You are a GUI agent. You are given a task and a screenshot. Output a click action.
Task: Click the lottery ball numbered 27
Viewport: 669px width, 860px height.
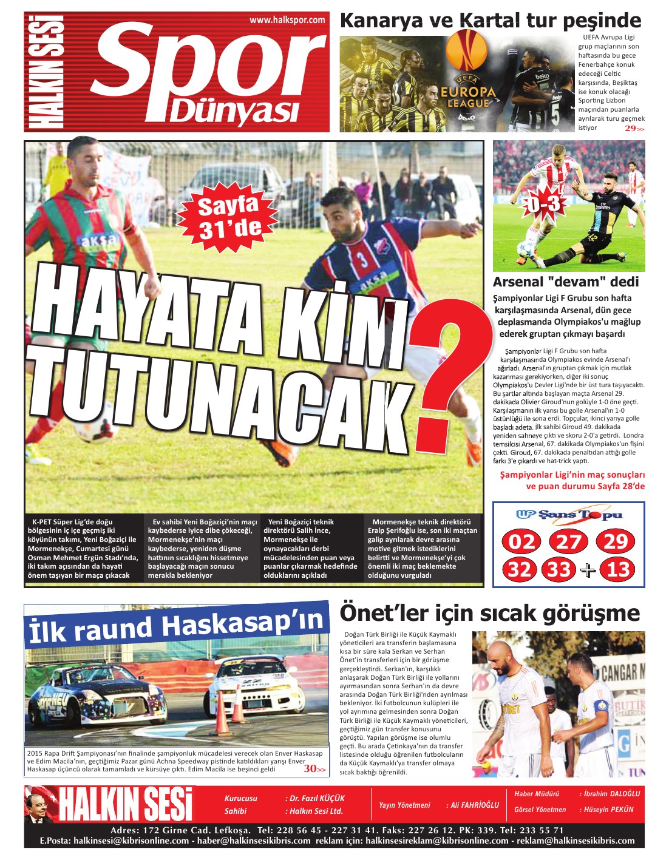[x=569, y=541]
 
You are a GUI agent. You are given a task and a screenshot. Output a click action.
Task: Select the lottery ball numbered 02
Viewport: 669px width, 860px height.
[x=521, y=541]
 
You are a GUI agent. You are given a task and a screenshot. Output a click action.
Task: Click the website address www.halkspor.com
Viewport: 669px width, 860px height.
[x=287, y=20]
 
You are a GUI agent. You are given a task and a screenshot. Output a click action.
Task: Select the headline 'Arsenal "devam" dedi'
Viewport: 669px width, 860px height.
[x=566, y=282]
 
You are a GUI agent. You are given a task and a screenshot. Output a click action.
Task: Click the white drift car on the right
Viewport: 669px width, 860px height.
[x=254, y=686]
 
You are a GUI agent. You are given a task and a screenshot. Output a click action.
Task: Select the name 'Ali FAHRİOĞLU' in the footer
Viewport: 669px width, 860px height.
[x=474, y=805]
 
